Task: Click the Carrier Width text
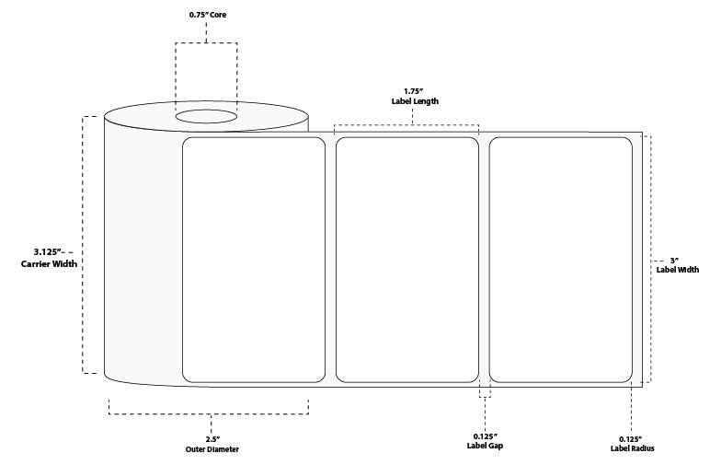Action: [50, 263]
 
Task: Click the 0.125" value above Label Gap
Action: [485, 436]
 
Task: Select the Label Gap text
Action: [485, 447]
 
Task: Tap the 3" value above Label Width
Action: [674, 260]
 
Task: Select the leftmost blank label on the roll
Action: [255, 259]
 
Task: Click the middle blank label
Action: [407, 259]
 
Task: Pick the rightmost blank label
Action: [560, 259]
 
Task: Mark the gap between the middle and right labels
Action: [484, 259]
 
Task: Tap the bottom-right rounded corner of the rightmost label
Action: [628, 377]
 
